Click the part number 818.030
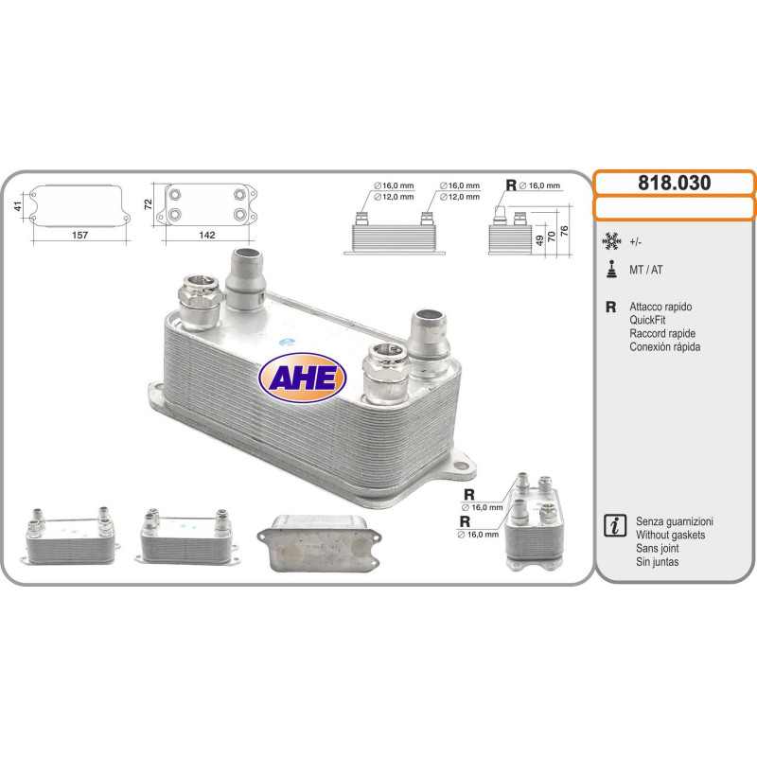click(x=674, y=183)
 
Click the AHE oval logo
click(x=302, y=378)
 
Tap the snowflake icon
click(x=611, y=241)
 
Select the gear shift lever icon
click(x=611, y=270)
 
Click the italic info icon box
click(x=614, y=525)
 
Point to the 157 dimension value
click(x=79, y=235)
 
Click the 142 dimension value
click(x=207, y=235)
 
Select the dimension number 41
click(x=18, y=206)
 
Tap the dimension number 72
click(x=148, y=204)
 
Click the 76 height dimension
click(x=564, y=231)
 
